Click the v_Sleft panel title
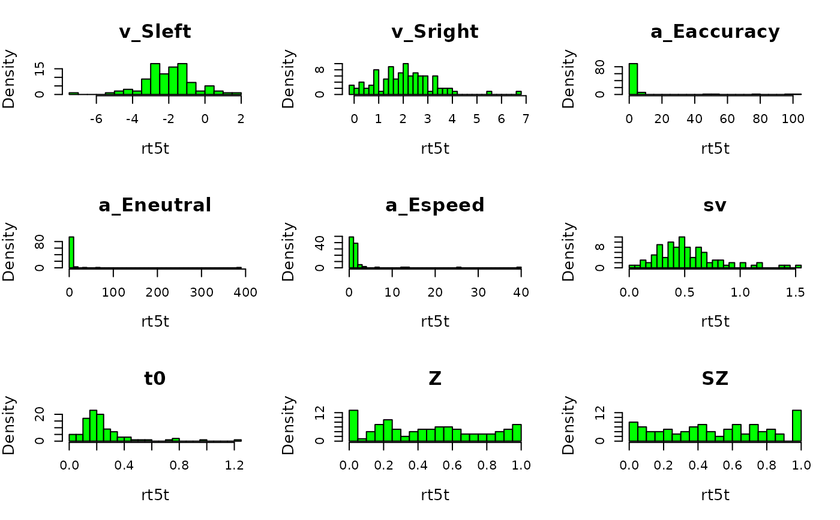(x=155, y=32)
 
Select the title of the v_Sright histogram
(x=435, y=32)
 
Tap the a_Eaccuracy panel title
(x=715, y=32)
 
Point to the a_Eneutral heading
(x=155, y=205)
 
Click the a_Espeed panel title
(x=435, y=205)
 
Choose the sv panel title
(x=715, y=205)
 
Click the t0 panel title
(x=155, y=379)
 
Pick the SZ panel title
(x=715, y=379)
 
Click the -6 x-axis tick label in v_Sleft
(x=96, y=119)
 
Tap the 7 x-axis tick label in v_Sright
(x=525, y=119)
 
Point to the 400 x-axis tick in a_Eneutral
(x=245, y=292)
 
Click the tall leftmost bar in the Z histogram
(x=353, y=426)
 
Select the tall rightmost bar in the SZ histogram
(x=797, y=426)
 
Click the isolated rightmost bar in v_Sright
(x=518, y=92)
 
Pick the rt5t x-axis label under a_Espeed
(x=435, y=321)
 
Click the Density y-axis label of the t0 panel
(x=9, y=425)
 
